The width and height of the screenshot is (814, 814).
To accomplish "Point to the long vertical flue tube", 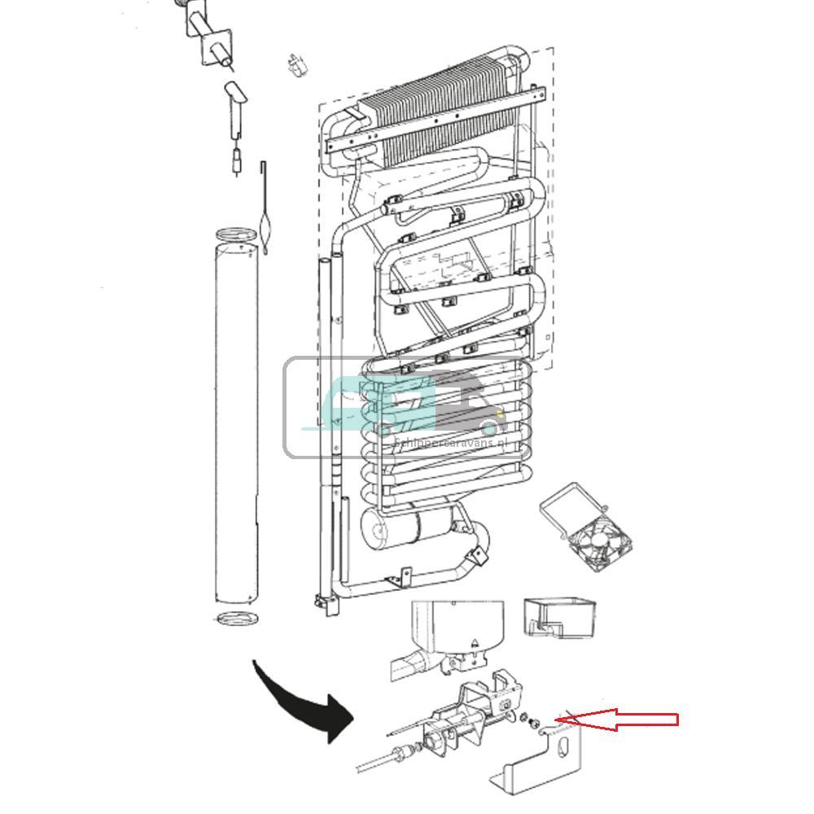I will click(235, 423).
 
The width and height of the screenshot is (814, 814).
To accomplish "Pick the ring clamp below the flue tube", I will click(236, 618).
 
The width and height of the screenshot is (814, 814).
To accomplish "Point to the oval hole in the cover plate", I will click(565, 753).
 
